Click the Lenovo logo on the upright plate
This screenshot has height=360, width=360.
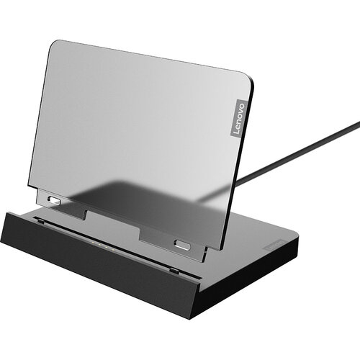tap(238, 119)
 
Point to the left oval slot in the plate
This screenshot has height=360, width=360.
tap(55, 200)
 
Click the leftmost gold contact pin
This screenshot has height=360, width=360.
tap(93, 242)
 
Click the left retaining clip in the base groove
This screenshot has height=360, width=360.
tap(40, 220)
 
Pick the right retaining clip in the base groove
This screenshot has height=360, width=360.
tap(174, 271)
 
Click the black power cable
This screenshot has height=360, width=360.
tap(297, 153)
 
